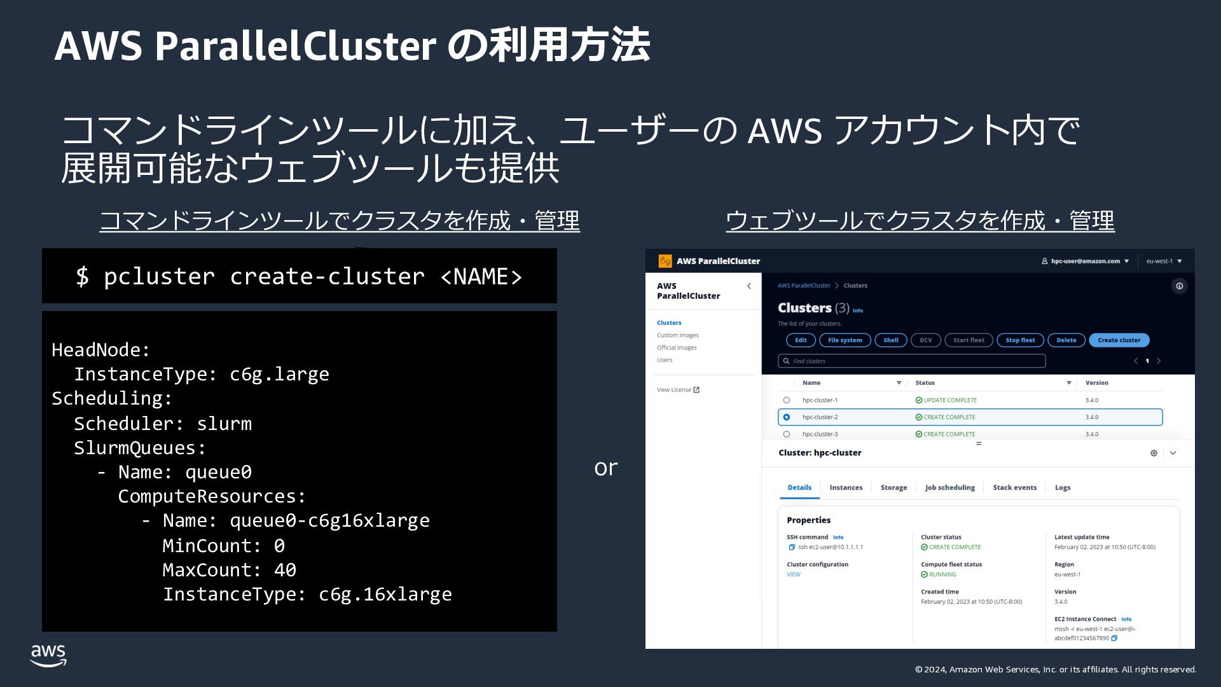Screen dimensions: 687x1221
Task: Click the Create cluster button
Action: (x=1119, y=340)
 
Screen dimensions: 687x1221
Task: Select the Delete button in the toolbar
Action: (x=1066, y=340)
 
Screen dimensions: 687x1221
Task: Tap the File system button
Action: (x=845, y=340)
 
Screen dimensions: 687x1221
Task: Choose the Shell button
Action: (x=890, y=340)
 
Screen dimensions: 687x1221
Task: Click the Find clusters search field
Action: (x=911, y=361)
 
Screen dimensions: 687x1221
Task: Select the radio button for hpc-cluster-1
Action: (x=787, y=400)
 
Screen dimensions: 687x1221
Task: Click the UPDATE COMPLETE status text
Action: (x=949, y=400)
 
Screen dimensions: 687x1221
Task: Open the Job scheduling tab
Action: (x=949, y=488)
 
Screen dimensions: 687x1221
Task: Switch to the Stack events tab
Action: (x=1014, y=488)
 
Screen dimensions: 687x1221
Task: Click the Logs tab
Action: (x=1062, y=488)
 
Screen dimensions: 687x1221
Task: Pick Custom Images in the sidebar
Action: (x=677, y=335)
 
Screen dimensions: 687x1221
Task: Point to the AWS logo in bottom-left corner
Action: (x=48, y=655)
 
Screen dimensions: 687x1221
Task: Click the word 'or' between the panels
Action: (x=605, y=468)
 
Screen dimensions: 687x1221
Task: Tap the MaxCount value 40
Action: (x=285, y=570)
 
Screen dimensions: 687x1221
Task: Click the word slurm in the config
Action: (x=224, y=424)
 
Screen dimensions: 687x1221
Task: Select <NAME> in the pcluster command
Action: (x=481, y=277)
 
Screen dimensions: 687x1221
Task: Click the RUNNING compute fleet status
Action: (x=942, y=574)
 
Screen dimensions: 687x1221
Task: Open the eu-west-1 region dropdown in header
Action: (x=1163, y=261)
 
